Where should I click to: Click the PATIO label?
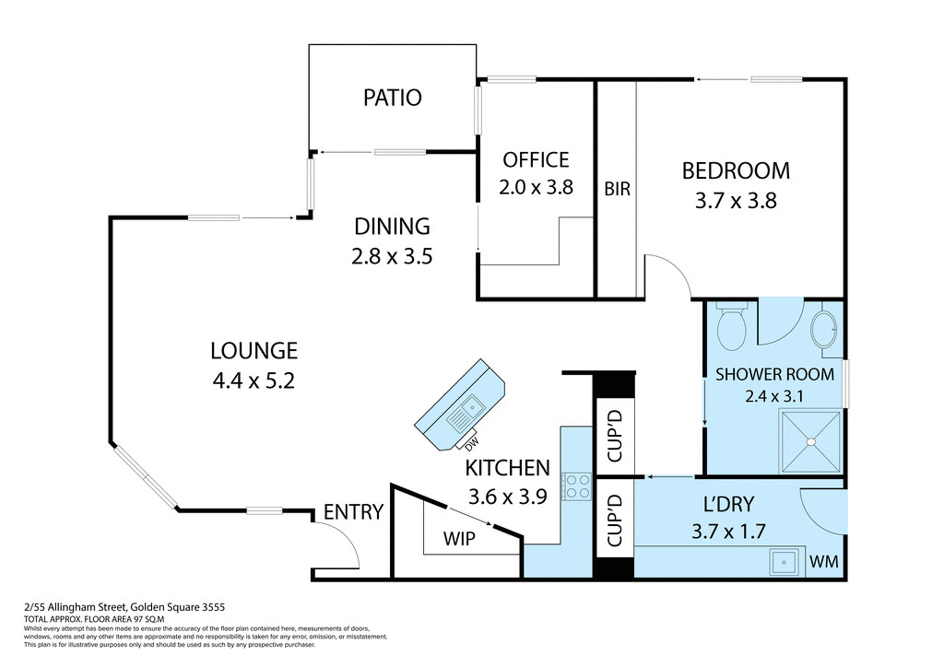pyautogui.click(x=392, y=97)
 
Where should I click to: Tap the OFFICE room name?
pyautogui.click(x=535, y=159)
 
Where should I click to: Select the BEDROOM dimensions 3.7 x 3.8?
pyautogui.click(x=736, y=200)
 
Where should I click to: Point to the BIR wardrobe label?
pyautogui.click(x=617, y=189)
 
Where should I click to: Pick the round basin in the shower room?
pyautogui.click(x=824, y=331)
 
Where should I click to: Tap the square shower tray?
pyautogui.click(x=811, y=441)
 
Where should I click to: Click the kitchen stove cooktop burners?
pyautogui.click(x=577, y=486)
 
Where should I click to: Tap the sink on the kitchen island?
pyautogui.click(x=469, y=406)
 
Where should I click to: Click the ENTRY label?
pyautogui.click(x=353, y=512)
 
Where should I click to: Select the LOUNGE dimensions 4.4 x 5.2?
pyautogui.click(x=254, y=380)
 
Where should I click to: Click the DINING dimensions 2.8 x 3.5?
pyautogui.click(x=393, y=255)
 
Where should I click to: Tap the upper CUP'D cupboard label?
pyautogui.click(x=616, y=435)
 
